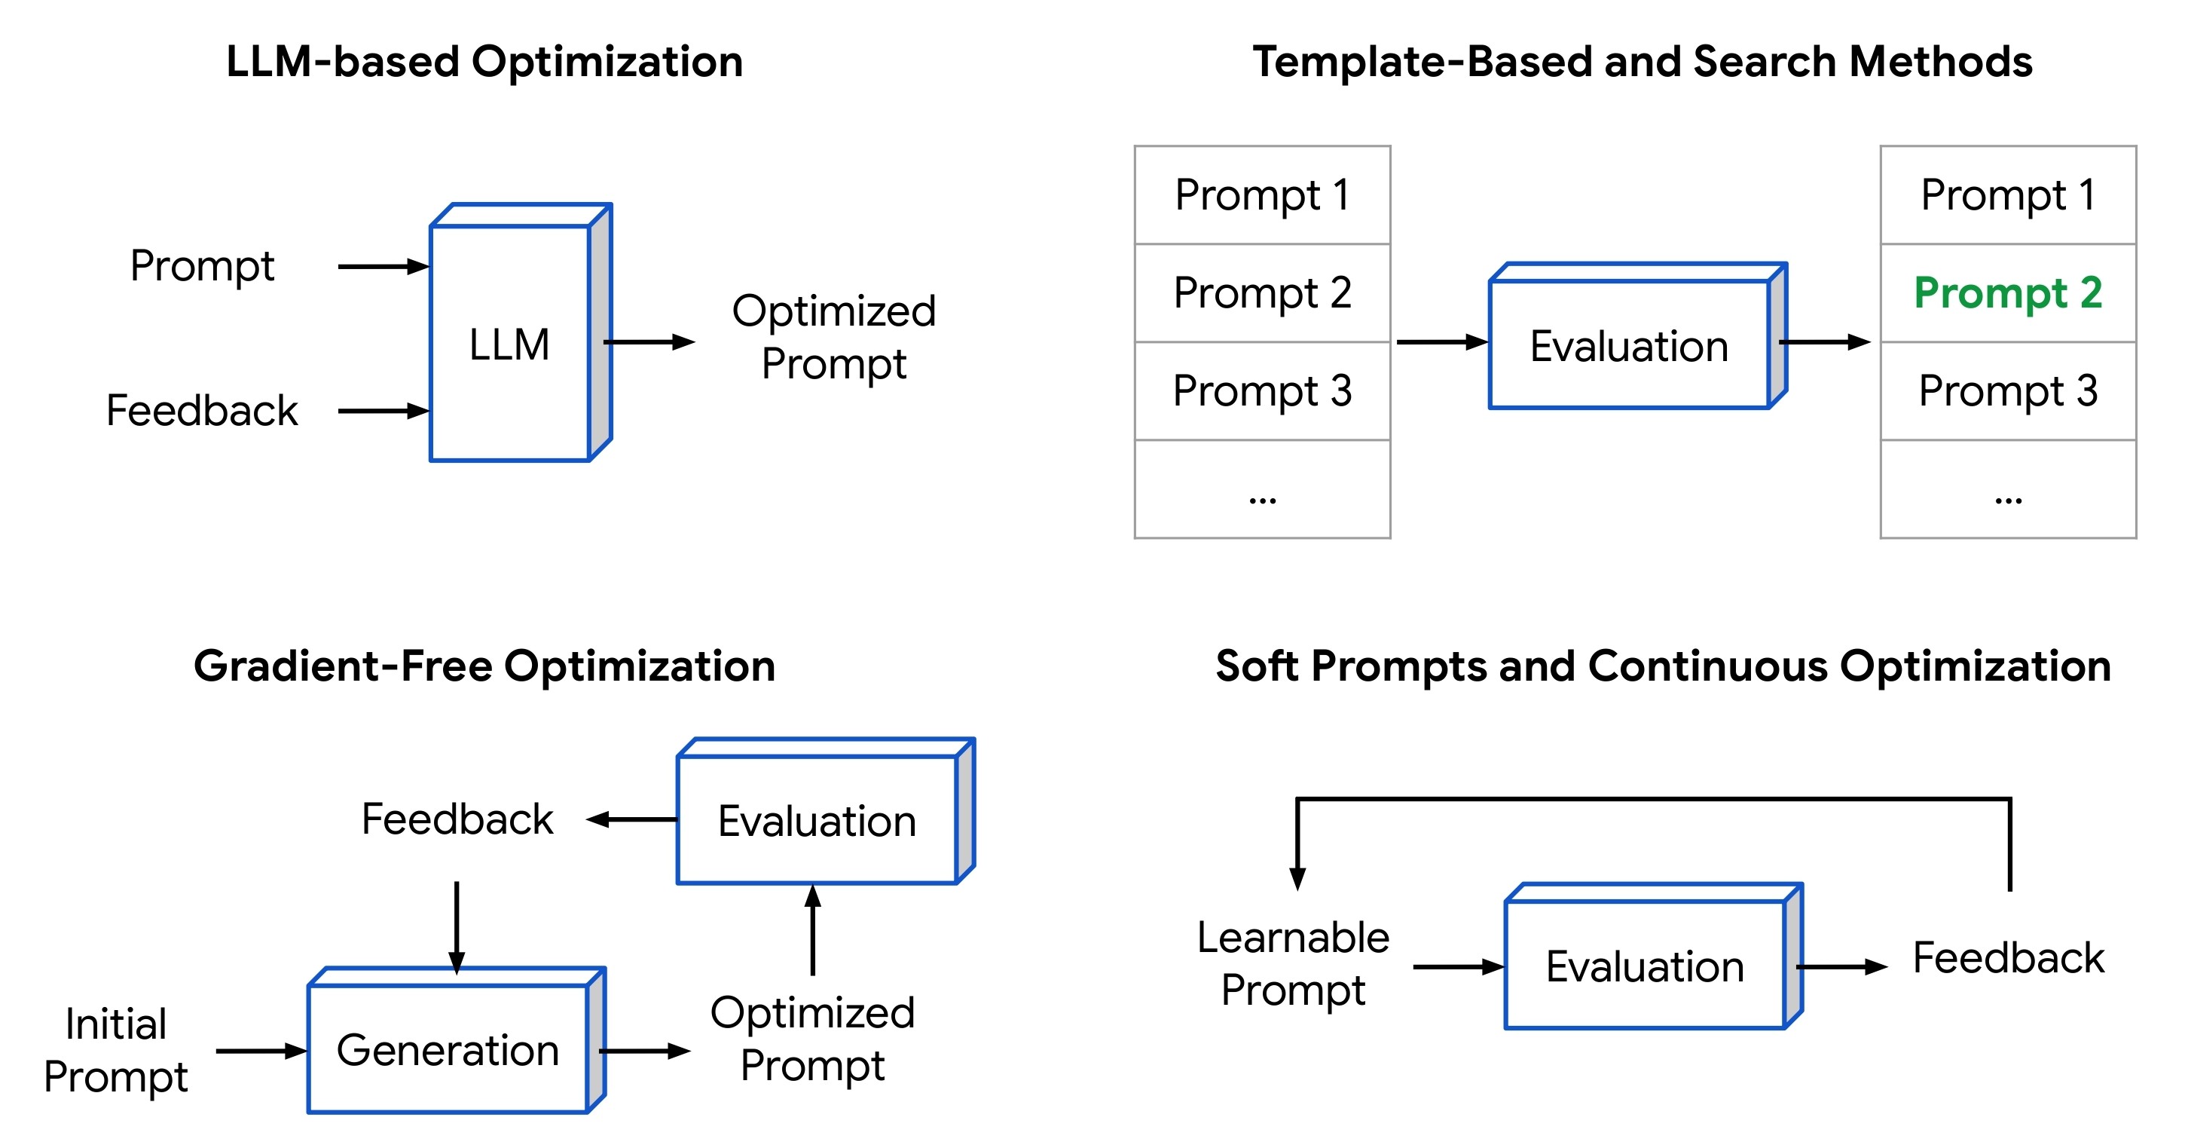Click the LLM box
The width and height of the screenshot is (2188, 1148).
(x=511, y=343)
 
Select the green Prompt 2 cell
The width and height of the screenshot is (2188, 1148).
(x=2007, y=293)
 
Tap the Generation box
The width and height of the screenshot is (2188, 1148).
(x=448, y=1049)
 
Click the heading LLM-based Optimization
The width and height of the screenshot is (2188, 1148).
(x=484, y=62)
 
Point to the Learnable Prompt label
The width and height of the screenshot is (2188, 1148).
(x=1293, y=963)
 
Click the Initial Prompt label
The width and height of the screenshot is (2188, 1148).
(x=115, y=1050)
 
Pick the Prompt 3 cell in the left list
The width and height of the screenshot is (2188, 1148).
(x=1262, y=391)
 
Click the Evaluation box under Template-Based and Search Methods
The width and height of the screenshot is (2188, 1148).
(x=1629, y=345)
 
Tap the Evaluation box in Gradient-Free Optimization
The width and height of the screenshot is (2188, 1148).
(x=816, y=821)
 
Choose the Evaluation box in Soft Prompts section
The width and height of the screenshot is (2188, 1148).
(x=1645, y=966)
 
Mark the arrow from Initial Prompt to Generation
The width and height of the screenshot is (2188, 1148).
(x=261, y=1051)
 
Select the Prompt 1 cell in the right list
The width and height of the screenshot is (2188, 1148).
(x=2007, y=195)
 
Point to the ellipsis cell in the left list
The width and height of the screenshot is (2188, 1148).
(x=1262, y=489)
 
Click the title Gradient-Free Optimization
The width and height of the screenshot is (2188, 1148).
(x=484, y=666)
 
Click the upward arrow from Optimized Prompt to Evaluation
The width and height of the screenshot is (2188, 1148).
(x=813, y=930)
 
